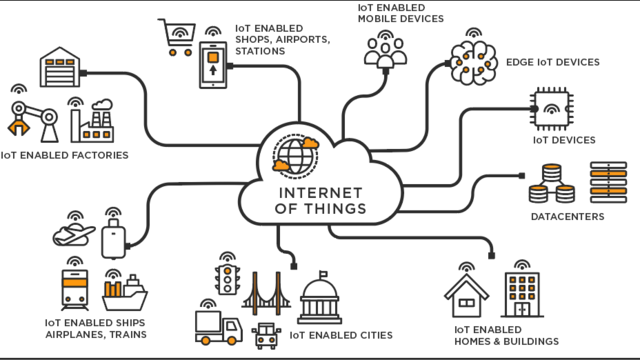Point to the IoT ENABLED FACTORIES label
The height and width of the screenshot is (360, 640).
65,156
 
